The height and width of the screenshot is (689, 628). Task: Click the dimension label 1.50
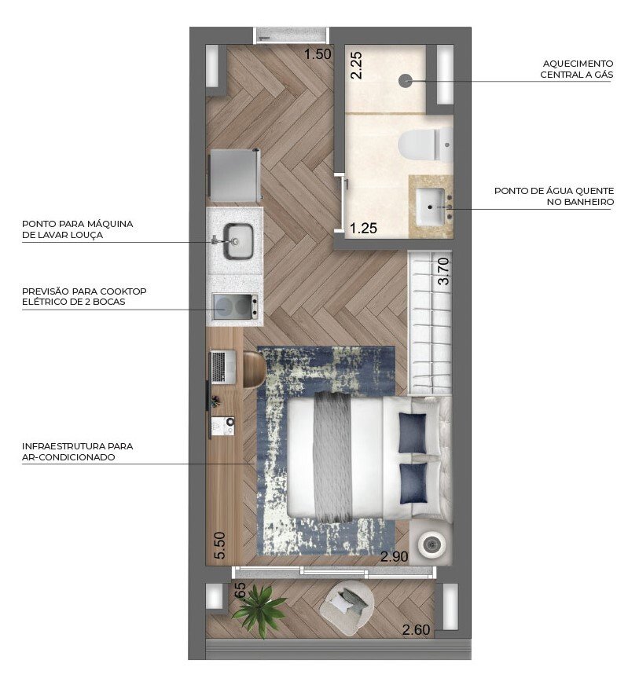[318, 54]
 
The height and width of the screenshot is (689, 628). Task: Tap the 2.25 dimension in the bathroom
[356, 64]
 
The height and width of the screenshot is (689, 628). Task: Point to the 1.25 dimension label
[363, 229]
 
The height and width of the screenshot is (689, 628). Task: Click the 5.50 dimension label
[219, 546]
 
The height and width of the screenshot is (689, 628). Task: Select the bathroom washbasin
[431, 205]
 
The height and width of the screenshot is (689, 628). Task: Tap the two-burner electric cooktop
[235, 307]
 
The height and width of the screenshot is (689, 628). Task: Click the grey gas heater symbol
[406, 80]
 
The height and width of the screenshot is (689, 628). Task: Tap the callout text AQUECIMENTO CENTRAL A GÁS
[576, 69]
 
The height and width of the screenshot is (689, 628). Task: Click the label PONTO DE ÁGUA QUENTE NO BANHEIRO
[553, 196]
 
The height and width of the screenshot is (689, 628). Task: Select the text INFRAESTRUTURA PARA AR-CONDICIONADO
[77, 451]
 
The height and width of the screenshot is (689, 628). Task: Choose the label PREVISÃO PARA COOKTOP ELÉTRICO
[84, 296]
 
